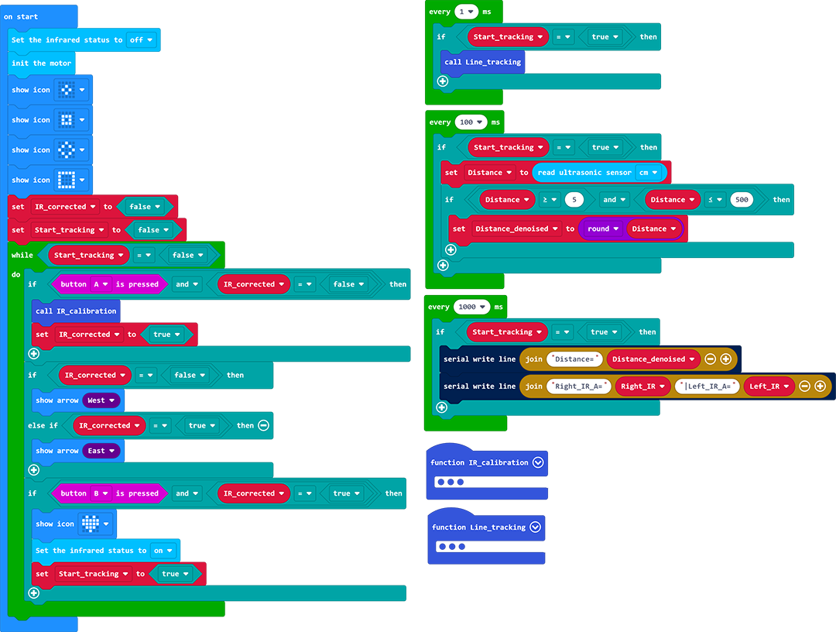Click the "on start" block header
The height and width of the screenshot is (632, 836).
click(x=21, y=16)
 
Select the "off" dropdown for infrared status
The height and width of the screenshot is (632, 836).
click(x=142, y=39)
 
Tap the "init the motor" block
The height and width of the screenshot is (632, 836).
click(x=41, y=64)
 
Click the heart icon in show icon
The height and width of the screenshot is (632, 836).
click(x=91, y=524)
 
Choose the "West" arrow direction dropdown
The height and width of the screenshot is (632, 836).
click(x=101, y=400)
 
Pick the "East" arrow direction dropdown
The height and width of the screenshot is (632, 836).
click(x=101, y=451)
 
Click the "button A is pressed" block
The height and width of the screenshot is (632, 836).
click(x=108, y=284)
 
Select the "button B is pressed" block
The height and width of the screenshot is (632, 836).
click(x=108, y=493)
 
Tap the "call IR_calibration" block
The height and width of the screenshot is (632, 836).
click(x=75, y=311)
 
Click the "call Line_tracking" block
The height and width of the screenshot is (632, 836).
click(x=482, y=62)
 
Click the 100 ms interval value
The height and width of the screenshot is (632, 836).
click(x=471, y=122)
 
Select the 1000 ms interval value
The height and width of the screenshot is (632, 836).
click(x=471, y=307)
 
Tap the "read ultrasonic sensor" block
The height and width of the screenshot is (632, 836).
click(x=585, y=173)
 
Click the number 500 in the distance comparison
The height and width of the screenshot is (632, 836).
click(x=742, y=200)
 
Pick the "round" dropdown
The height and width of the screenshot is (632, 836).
click(x=603, y=228)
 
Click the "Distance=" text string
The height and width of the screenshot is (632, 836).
click(x=574, y=359)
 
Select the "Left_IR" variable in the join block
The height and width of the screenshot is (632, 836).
click(x=769, y=386)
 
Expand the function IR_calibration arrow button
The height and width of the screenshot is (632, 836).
click(x=539, y=462)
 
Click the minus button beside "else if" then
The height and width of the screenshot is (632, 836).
click(x=263, y=425)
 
